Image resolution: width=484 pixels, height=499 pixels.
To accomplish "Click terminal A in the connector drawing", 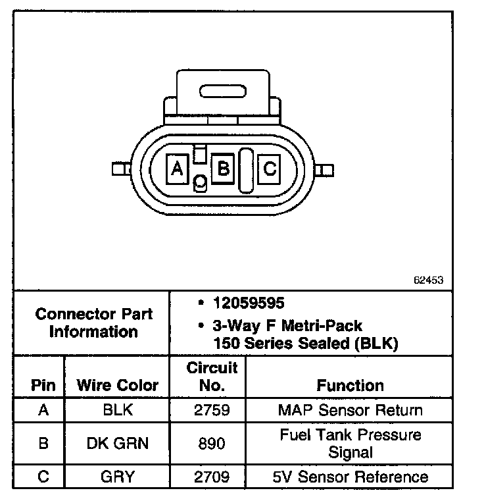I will point(176,169).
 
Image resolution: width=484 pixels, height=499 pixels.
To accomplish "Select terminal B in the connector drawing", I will point(223,169).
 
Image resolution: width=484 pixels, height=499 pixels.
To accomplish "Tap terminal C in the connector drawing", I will point(269,169).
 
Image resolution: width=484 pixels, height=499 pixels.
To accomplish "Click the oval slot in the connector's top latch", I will point(224,91).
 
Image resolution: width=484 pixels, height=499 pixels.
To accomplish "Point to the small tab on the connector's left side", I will point(118,169).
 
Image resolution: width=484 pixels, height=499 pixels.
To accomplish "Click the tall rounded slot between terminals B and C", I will point(245,170).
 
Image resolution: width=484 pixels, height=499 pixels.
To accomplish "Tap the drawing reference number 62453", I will point(429,280).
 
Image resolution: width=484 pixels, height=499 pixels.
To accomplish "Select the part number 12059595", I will point(248,303).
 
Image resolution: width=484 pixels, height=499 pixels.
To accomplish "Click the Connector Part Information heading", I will point(93,323).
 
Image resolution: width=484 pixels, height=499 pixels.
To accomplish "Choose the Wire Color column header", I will point(118,385).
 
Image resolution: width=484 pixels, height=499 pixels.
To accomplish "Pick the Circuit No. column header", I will point(212,376).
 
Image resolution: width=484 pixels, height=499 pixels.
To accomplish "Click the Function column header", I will point(350,385).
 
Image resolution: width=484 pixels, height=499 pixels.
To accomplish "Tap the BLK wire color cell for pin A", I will point(118,410).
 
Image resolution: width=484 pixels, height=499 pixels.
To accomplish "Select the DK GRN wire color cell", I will point(118,443).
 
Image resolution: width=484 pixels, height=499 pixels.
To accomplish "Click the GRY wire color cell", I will point(118,477).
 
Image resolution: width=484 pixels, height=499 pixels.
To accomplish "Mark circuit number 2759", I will point(212,410).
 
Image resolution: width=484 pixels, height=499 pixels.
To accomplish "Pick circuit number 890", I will point(212,443).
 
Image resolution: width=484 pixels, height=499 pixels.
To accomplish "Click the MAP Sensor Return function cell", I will point(350,410).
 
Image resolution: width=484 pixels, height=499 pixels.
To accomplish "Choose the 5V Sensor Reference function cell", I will point(350,477).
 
